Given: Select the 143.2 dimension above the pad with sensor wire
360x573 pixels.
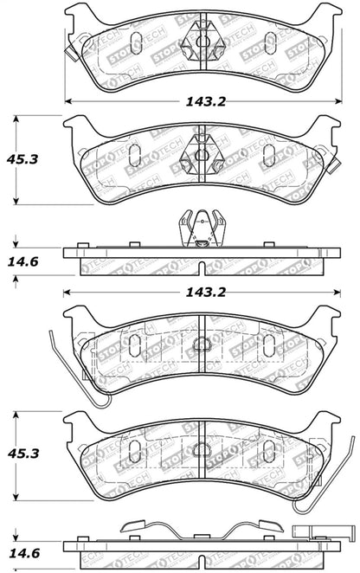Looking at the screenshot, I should coord(198,293).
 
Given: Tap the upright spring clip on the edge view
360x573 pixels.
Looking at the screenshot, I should coord(200,229).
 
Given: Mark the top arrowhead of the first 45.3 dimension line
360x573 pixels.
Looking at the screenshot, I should coord(16,119).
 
